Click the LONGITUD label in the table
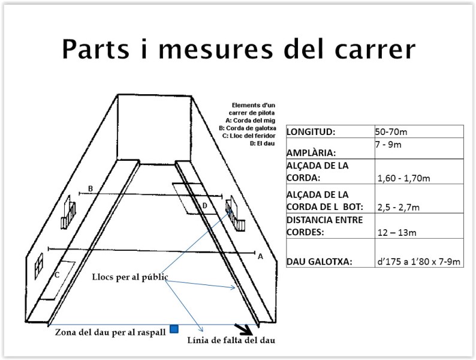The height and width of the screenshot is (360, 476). tap(311, 131)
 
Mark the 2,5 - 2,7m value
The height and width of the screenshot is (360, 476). tap(398, 207)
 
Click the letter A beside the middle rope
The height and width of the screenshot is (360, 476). tap(260, 256)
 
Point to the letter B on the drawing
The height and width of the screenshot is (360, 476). tap(90, 189)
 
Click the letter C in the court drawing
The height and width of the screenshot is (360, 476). tap(56, 275)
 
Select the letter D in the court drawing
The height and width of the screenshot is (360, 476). tap(204, 206)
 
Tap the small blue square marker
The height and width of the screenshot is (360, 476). tap(174, 328)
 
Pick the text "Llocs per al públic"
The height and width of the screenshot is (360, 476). tap(130, 277)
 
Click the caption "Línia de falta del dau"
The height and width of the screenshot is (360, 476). tap(231, 341)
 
